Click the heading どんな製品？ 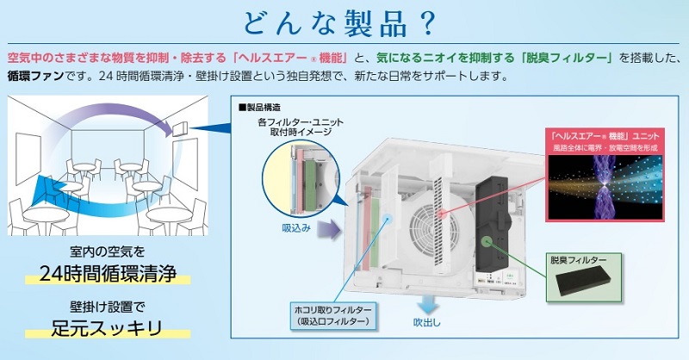click(339, 23)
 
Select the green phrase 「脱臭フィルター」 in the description click(567, 58)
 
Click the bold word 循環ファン click(36, 76)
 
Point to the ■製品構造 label click(259, 108)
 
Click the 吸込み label click(296, 228)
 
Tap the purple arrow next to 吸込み click(329, 229)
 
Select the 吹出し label click(426, 322)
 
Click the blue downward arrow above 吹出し click(427, 303)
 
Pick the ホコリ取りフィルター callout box click(332, 315)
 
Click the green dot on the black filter click(486, 241)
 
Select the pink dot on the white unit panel click(442, 214)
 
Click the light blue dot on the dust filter click(387, 218)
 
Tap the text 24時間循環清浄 click(108, 273)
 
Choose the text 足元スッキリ click(107, 328)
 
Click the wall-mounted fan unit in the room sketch click(181, 128)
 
